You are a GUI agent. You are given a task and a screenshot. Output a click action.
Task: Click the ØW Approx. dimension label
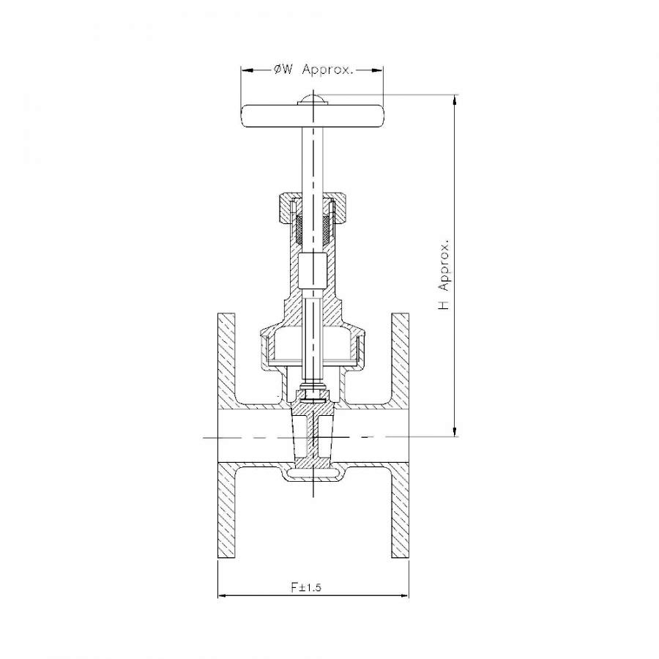pos(313,70)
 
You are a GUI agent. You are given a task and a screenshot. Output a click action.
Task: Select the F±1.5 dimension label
pos(306,587)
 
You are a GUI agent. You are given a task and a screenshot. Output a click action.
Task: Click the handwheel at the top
pos(312,116)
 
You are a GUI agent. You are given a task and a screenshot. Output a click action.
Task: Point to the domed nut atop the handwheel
pos(313,98)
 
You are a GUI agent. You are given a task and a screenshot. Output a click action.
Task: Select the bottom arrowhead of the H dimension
pos(455,431)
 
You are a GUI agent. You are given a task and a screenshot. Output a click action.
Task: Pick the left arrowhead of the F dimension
pos(224,595)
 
